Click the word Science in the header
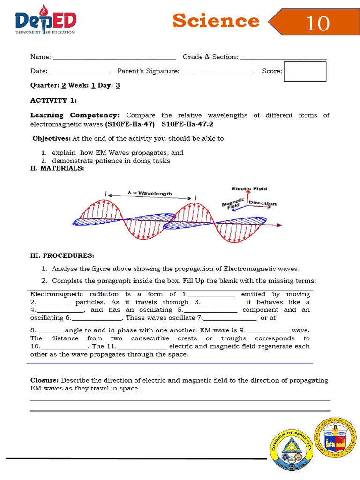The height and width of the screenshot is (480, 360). [x=216, y=21]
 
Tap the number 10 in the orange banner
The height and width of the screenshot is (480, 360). [x=317, y=23]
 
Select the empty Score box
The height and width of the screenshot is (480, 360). [x=305, y=71]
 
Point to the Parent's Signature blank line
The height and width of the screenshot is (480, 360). [x=217, y=72]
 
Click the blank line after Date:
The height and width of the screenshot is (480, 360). [x=80, y=72]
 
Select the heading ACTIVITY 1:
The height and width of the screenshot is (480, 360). [x=53, y=100]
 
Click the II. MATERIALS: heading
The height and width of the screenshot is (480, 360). [x=57, y=169]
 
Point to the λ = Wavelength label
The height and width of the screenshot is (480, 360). [x=150, y=193]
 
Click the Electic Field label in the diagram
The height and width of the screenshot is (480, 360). [x=249, y=189]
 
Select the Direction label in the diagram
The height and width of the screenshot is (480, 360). [x=262, y=203]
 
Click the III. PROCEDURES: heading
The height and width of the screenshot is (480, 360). [x=62, y=255]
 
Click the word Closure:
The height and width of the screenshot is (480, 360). [x=45, y=380]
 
